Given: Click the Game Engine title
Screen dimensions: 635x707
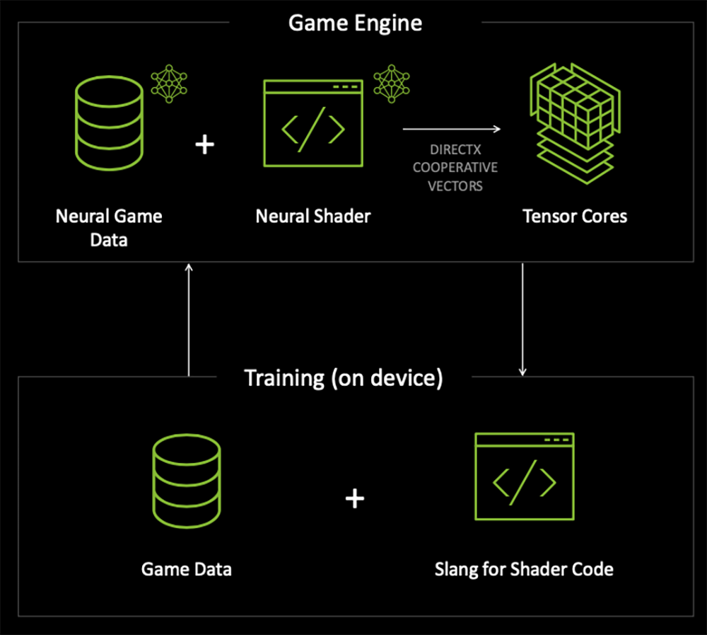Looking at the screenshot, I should tap(355, 23).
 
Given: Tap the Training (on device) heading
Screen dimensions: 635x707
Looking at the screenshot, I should tap(344, 378).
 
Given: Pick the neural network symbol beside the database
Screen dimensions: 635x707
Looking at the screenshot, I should tap(170, 84).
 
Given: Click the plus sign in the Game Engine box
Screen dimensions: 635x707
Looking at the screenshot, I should tap(204, 144).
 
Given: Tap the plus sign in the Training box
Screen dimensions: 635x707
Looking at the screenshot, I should tap(354, 499).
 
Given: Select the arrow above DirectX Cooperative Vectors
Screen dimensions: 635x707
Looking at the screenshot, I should tap(452, 129).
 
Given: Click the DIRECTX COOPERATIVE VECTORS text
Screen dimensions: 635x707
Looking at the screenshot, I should tap(455, 168).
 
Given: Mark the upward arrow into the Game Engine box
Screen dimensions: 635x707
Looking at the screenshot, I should tap(189, 319).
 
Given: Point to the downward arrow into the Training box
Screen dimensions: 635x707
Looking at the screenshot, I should tap(522, 319).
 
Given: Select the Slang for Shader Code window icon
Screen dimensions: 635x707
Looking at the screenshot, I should tap(524, 477).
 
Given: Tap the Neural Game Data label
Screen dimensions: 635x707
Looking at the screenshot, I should tap(109, 227).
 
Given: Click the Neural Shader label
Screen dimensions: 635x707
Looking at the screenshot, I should tap(312, 216).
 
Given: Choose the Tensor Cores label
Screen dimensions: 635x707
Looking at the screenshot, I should tap(574, 216).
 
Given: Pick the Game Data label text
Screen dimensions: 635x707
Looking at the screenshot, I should tap(187, 568).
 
